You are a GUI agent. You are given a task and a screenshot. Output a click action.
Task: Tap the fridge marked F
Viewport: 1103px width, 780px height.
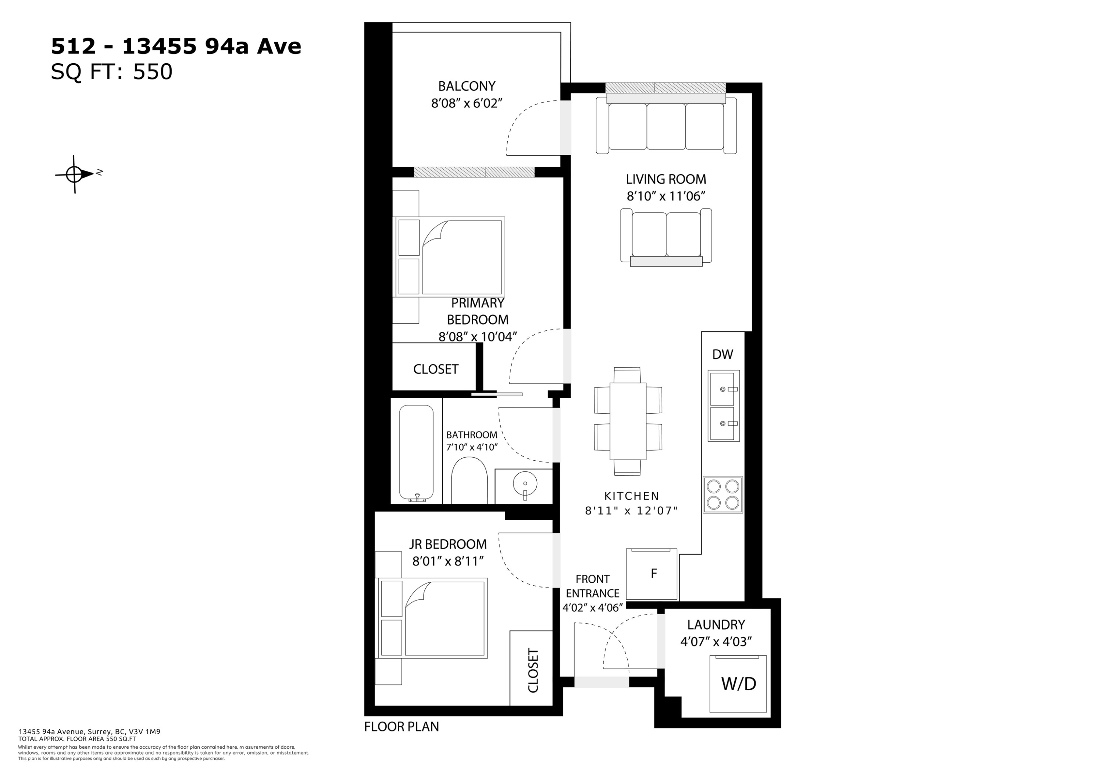tap(652, 574)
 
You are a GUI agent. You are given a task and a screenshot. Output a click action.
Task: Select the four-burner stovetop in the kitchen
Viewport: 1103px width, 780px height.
tap(722, 494)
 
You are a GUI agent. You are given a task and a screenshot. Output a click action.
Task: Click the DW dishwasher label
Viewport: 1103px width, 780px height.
tap(722, 354)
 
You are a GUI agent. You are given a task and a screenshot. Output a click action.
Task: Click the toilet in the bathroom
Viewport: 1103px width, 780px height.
tap(470, 481)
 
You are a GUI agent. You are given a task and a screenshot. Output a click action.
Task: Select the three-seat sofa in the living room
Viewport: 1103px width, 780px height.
tap(666, 125)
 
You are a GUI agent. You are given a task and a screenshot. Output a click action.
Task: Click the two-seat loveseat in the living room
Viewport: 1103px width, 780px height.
tap(666, 237)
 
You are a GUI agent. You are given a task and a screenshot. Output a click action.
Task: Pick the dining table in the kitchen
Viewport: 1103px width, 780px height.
tap(628, 421)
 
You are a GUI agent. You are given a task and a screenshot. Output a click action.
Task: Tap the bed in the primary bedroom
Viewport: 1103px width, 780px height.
tap(449, 257)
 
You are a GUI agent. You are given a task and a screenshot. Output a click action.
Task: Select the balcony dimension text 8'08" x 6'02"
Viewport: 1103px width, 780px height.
tap(467, 103)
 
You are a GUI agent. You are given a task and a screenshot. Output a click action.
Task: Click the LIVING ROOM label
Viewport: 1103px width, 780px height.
tap(666, 179)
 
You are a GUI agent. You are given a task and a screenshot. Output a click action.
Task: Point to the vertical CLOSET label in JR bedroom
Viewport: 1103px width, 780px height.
tap(533, 670)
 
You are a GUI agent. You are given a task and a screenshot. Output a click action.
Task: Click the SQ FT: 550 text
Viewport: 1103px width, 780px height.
tap(111, 72)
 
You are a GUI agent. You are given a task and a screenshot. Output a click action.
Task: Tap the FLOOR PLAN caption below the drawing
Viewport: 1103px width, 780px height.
tap(401, 727)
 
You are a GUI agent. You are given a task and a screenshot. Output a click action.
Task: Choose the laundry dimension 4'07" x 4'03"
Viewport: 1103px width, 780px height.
tap(716, 642)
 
